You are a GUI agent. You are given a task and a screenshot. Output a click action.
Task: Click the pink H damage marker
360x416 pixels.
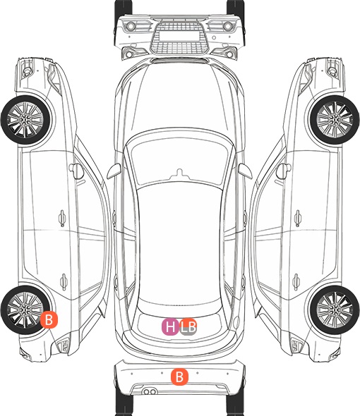click(170, 326)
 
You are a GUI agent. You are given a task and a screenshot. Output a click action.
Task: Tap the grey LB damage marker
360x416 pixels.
click(188, 326)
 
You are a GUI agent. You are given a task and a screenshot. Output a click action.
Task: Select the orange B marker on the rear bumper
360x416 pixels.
click(179, 377)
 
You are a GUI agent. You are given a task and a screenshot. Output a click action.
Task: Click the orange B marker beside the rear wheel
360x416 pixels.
click(49, 319)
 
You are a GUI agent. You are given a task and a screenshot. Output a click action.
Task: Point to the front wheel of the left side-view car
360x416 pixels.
click(25, 120)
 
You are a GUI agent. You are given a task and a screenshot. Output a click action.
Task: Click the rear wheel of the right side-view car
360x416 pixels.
click(335, 310)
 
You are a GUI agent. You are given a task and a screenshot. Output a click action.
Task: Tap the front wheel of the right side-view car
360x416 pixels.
click(335, 120)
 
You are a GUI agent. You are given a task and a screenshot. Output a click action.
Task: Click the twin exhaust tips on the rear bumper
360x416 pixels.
click(150, 391)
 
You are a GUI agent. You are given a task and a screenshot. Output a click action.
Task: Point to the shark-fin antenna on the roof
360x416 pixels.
click(180, 173)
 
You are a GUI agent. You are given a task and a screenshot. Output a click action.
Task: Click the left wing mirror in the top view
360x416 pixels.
click(114, 171)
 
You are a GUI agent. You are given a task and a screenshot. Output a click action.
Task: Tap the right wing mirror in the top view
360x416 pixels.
click(245, 171)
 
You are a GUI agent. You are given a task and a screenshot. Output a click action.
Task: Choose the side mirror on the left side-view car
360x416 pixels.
click(76, 171)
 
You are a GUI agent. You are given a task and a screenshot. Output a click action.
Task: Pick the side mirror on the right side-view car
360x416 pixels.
click(284, 171)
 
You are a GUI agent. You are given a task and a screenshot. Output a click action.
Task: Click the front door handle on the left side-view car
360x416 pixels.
click(62, 218)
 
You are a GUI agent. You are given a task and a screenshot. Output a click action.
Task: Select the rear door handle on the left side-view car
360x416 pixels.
click(64, 281)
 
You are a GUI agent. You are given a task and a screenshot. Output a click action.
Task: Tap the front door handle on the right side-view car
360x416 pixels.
click(297, 218)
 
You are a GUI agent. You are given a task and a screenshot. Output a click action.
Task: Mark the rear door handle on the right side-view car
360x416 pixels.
click(296, 281)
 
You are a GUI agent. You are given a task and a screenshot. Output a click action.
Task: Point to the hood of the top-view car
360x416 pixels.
click(180, 98)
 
